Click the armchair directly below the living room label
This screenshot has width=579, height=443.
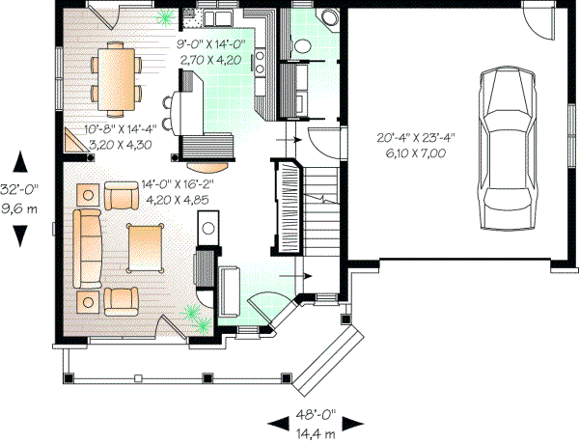(123, 196)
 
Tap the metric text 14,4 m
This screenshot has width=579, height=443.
(315, 433)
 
